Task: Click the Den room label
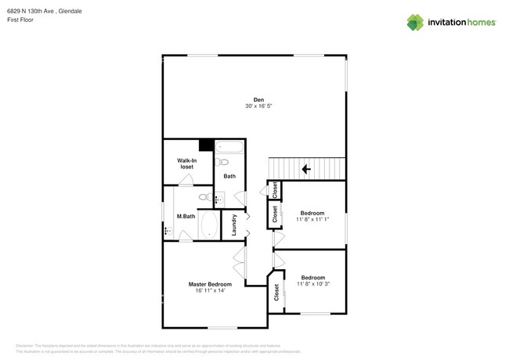[x=258, y=99]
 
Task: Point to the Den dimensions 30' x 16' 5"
[x=258, y=106]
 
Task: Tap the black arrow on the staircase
[x=306, y=168]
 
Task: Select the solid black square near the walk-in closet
[x=206, y=145]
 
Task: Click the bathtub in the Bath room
[x=230, y=146]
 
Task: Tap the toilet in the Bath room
[x=222, y=163]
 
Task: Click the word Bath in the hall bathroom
[x=229, y=176]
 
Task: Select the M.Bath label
[x=186, y=216]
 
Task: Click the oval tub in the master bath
[x=209, y=226]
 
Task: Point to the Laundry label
[x=234, y=225]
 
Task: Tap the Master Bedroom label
[x=210, y=284]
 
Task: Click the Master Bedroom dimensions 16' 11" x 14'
[x=210, y=290]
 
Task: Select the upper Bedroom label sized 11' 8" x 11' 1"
[x=313, y=212]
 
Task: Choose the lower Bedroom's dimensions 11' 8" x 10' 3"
[x=313, y=283]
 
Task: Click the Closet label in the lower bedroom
[x=277, y=293]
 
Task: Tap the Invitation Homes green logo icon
[x=415, y=22]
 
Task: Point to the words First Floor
[x=21, y=20]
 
